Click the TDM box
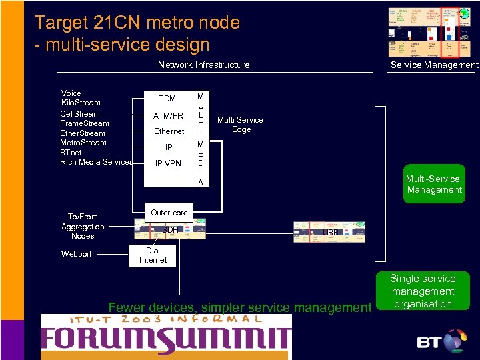pos(167,99)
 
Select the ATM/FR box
pos(168,116)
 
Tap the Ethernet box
pos(169,131)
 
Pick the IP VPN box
pos(168,163)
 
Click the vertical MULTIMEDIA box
pos(201,139)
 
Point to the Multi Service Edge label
pos(241,125)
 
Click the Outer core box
pos(169,213)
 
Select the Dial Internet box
pos(153,255)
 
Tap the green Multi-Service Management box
pos(434,184)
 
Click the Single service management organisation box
pos(423,291)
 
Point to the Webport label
pos(77,254)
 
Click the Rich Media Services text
pos(96,162)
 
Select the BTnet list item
pos(71,152)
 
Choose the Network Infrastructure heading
pos(203,65)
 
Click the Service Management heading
pos(434,65)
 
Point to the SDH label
pos(171,230)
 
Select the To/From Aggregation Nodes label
pos(83,226)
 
